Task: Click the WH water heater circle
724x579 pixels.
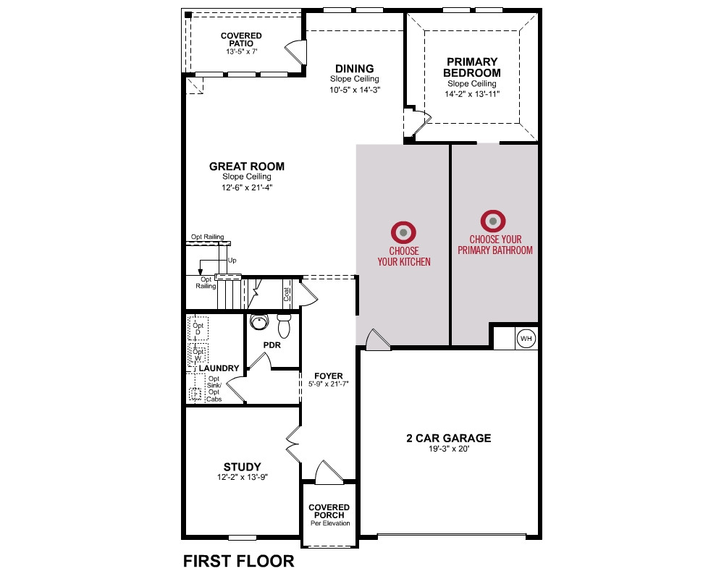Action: point(526,339)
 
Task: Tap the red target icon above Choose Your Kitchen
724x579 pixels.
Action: point(403,232)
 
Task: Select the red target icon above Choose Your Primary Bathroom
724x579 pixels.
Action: point(493,221)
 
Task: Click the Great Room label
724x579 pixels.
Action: point(247,166)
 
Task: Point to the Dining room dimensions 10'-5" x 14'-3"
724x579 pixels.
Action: point(355,90)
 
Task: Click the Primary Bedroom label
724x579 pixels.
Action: point(472,67)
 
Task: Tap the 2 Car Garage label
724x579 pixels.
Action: point(449,438)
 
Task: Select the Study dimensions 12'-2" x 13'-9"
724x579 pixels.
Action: point(243,477)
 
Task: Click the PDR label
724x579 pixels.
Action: point(272,345)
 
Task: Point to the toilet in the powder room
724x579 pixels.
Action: point(284,326)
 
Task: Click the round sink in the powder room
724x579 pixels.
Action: point(259,321)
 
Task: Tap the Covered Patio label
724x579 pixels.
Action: point(241,39)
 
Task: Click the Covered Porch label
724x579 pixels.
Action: point(329,511)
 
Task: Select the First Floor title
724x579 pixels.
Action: point(239,561)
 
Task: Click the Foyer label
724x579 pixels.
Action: point(329,376)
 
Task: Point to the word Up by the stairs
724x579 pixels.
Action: point(232,261)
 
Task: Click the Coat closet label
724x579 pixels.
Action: point(287,295)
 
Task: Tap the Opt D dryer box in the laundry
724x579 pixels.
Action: point(198,329)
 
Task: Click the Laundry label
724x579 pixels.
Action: point(219,368)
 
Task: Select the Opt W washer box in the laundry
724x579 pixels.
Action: point(198,355)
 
